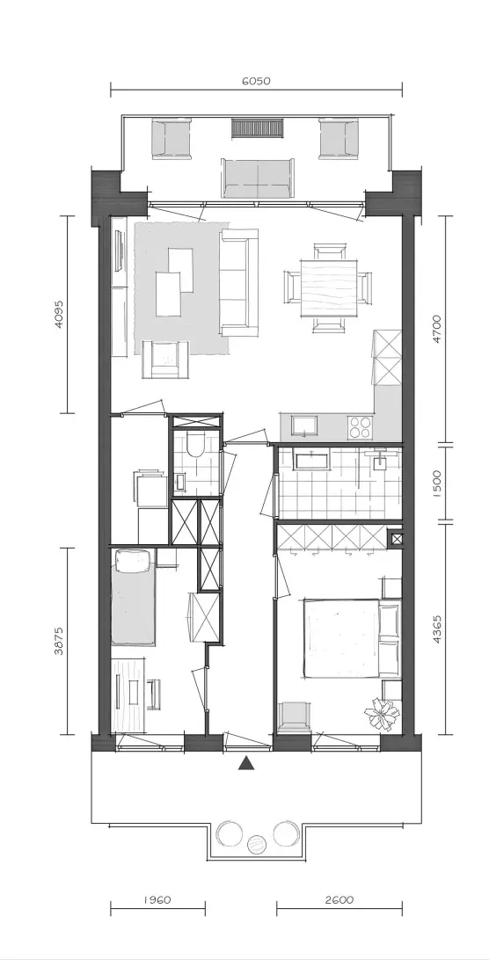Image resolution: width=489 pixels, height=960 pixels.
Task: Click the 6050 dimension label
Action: coord(256,81)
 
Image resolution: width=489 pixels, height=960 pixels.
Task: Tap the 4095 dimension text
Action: coord(59,314)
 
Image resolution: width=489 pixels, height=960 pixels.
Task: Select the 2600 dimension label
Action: coord(339,900)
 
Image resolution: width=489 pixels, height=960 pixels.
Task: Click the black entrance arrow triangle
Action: coord(246,762)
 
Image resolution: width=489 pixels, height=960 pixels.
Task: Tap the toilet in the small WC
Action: coord(195,446)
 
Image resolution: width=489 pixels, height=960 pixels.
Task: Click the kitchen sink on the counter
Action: coord(304,425)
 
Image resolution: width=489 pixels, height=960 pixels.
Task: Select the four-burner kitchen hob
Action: coord(360,426)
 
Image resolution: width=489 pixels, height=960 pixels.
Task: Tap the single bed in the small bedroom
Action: coord(132,597)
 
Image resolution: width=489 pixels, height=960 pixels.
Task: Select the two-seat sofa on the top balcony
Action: coord(258,178)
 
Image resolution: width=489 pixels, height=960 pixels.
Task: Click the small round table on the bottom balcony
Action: coord(257,845)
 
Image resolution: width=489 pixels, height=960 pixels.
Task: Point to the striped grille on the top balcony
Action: coord(258,128)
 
